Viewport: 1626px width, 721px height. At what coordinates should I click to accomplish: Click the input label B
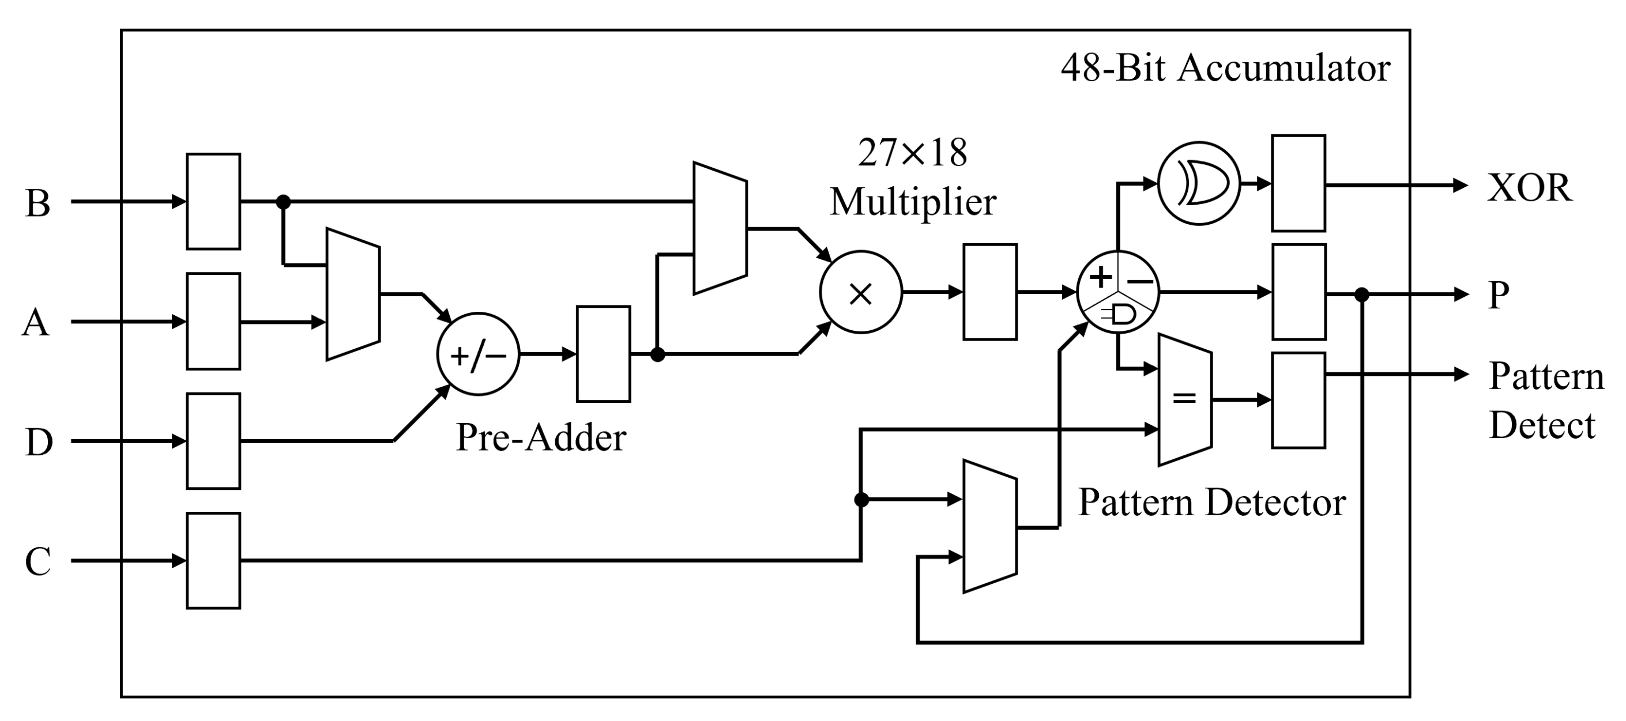point(38,203)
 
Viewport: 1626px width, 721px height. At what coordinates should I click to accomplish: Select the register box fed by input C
point(213,560)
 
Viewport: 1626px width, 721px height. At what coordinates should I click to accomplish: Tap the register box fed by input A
point(213,321)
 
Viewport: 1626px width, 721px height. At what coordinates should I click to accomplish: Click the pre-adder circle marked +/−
point(478,354)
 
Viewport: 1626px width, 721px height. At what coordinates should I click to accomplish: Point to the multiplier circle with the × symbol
point(860,293)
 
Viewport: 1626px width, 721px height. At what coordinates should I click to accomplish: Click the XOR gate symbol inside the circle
point(1199,183)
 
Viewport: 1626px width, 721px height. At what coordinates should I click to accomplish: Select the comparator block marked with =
point(1185,399)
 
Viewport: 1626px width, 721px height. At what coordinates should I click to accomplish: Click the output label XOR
point(1530,188)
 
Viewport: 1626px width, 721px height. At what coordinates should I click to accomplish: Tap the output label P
point(1499,295)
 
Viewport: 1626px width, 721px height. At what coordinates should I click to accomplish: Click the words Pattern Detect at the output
point(1545,401)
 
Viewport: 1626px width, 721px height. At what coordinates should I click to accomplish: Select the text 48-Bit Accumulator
point(1225,67)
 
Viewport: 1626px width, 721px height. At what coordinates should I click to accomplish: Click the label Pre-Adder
point(540,436)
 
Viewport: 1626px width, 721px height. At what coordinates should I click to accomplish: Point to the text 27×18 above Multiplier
point(912,153)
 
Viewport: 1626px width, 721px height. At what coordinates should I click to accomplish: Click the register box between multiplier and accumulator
point(990,292)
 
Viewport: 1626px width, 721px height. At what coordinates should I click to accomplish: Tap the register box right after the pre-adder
point(604,354)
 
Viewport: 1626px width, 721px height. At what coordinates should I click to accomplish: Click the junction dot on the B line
point(284,202)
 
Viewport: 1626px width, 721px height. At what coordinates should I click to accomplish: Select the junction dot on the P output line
point(1362,295)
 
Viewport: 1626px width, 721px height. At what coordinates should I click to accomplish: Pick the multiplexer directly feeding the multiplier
point(720,228)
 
